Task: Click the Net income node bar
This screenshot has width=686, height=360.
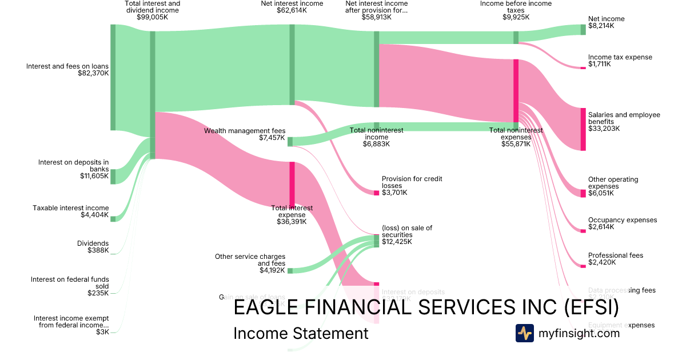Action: [583, 30]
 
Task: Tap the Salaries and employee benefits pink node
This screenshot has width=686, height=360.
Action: [583, 129]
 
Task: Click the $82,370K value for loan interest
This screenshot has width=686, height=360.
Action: [93, 73]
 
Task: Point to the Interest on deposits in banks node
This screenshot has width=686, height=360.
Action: [113, 177]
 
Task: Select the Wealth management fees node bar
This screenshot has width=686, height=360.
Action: [290, 142]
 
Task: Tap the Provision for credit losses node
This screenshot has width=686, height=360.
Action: [376, 193]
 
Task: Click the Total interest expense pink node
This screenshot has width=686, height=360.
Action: [292, 184]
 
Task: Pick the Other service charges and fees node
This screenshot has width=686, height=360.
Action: [290, 271]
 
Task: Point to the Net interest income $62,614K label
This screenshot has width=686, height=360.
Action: [292, 7]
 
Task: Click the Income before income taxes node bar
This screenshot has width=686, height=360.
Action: [516, 38]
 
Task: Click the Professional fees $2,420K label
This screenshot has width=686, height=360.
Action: [615, 259]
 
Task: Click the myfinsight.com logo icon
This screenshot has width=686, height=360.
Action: [524, 333]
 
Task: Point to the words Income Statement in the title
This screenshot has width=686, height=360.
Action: [301, 334]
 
